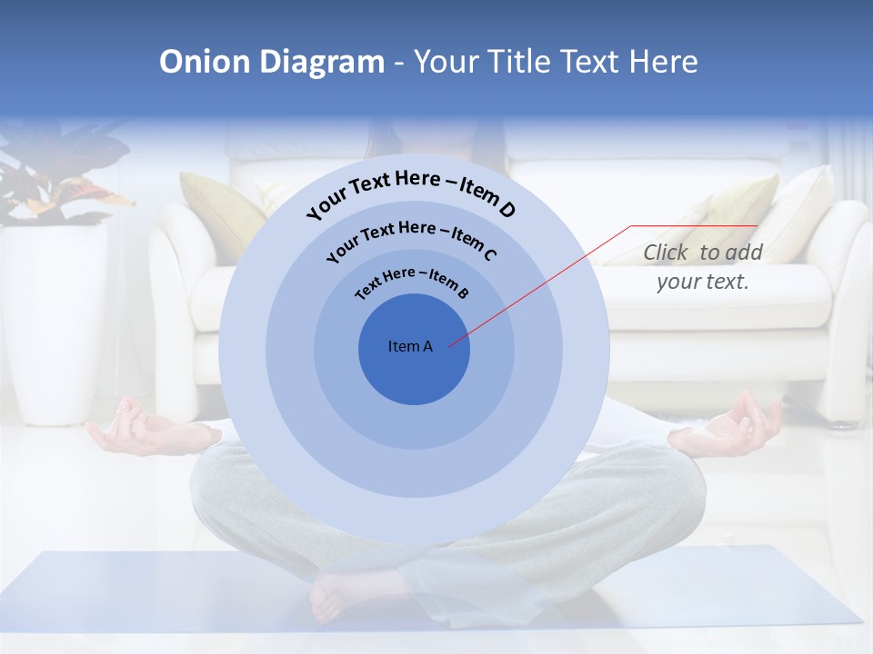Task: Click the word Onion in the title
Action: [x=206, y=62]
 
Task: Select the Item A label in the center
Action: [x=411, y=346]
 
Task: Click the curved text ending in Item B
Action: [x=411, y=282]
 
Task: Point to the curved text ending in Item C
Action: [x=411, y=238]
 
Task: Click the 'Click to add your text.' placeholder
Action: [x=703, y=267]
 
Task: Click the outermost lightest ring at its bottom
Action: [x=415, y=521]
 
